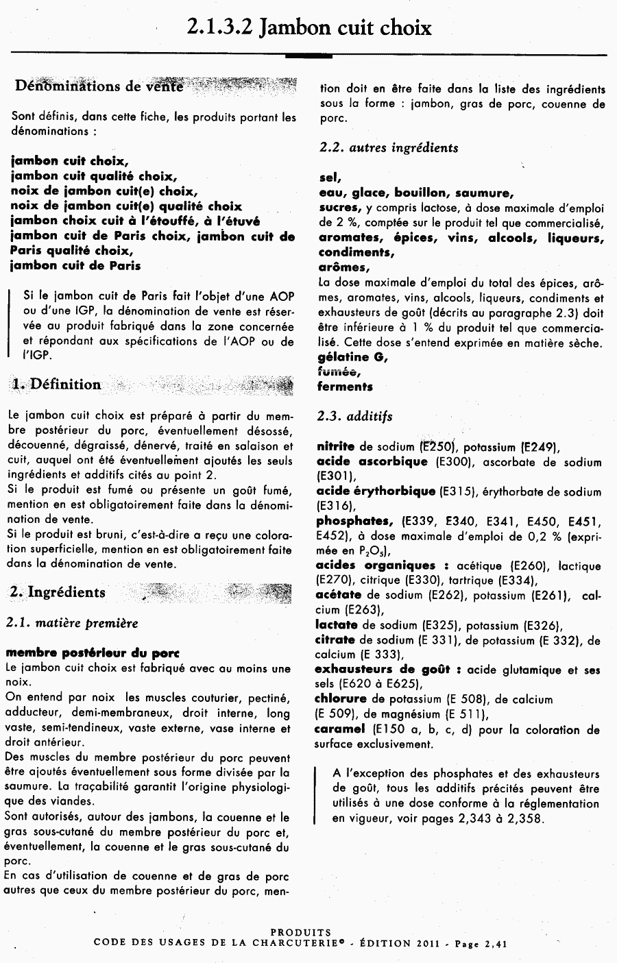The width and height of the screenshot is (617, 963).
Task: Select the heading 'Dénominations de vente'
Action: (99, 86)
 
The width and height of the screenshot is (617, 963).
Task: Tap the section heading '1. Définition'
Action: (56, 385)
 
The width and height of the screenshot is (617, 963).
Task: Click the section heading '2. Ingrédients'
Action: (58, 593)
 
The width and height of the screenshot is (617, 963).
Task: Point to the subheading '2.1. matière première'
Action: (71, 623)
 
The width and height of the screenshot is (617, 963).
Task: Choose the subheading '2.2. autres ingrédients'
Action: (389, 147)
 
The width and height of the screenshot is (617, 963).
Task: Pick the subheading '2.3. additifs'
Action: (354, 416)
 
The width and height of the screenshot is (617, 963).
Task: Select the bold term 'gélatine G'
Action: (353, 357)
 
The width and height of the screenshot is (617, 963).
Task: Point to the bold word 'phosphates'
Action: (354, 521)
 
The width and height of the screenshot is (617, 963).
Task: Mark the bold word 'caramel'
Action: (340, 729)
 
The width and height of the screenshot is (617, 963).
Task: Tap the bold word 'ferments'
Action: (345, 387)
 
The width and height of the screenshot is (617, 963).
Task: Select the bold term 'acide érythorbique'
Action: (376, 491)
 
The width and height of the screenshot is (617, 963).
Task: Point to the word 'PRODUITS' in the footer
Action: (301, 932)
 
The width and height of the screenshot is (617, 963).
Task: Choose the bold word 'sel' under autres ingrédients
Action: (330, 178)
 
